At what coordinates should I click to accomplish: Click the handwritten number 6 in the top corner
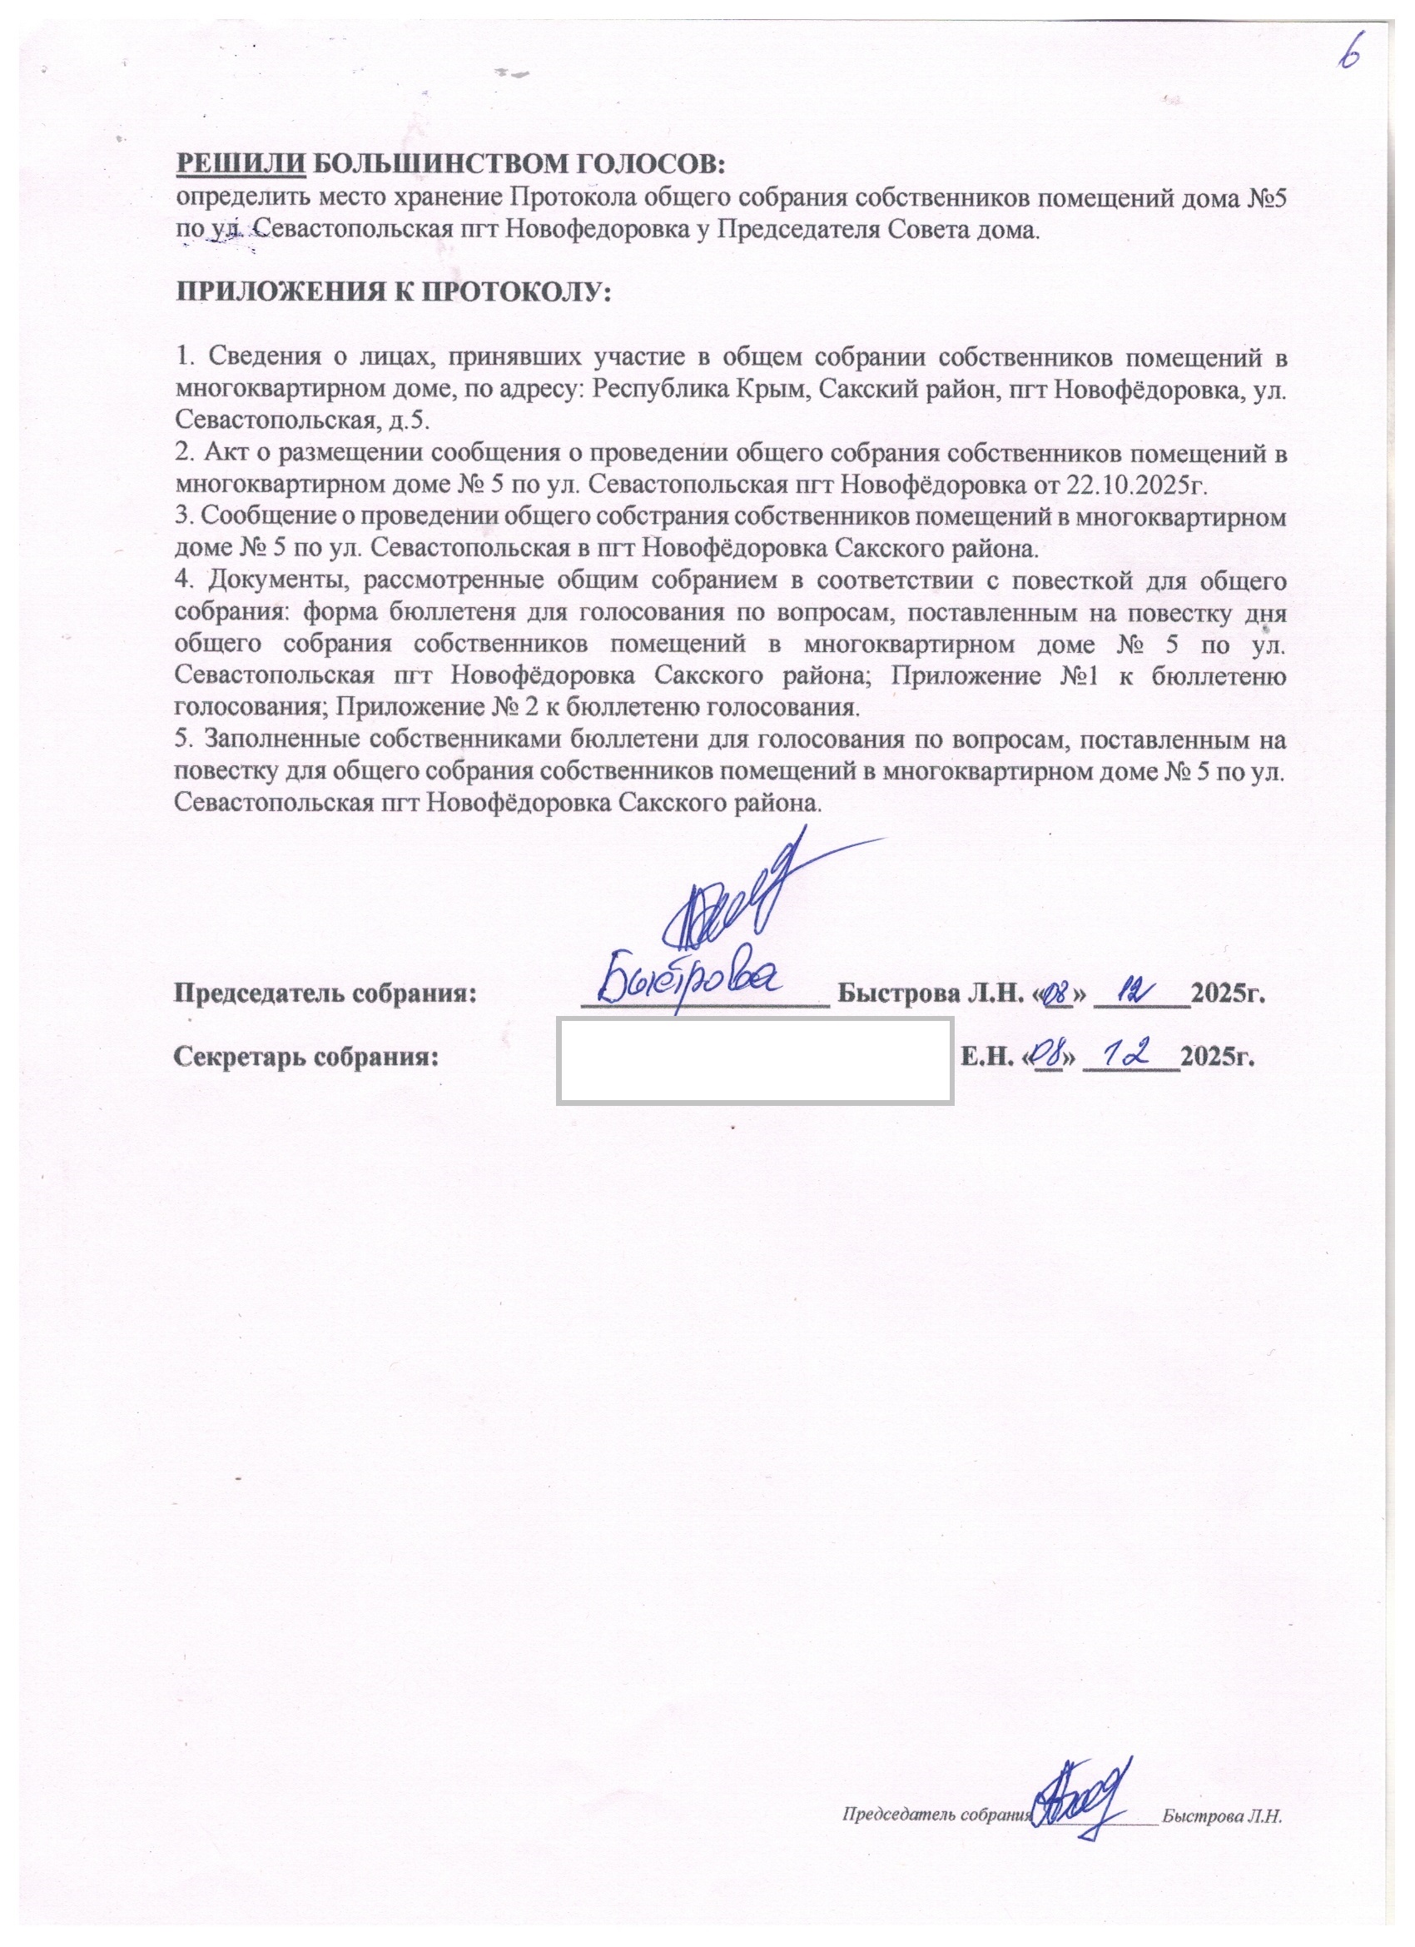point(1351,52)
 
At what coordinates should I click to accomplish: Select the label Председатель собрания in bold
point(326,993)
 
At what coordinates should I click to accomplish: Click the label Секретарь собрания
point(305,1056)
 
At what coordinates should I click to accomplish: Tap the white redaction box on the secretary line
point(755,1060)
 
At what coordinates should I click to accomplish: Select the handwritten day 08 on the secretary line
point(1050,1054)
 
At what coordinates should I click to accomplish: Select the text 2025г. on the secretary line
point(1219,1056)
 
